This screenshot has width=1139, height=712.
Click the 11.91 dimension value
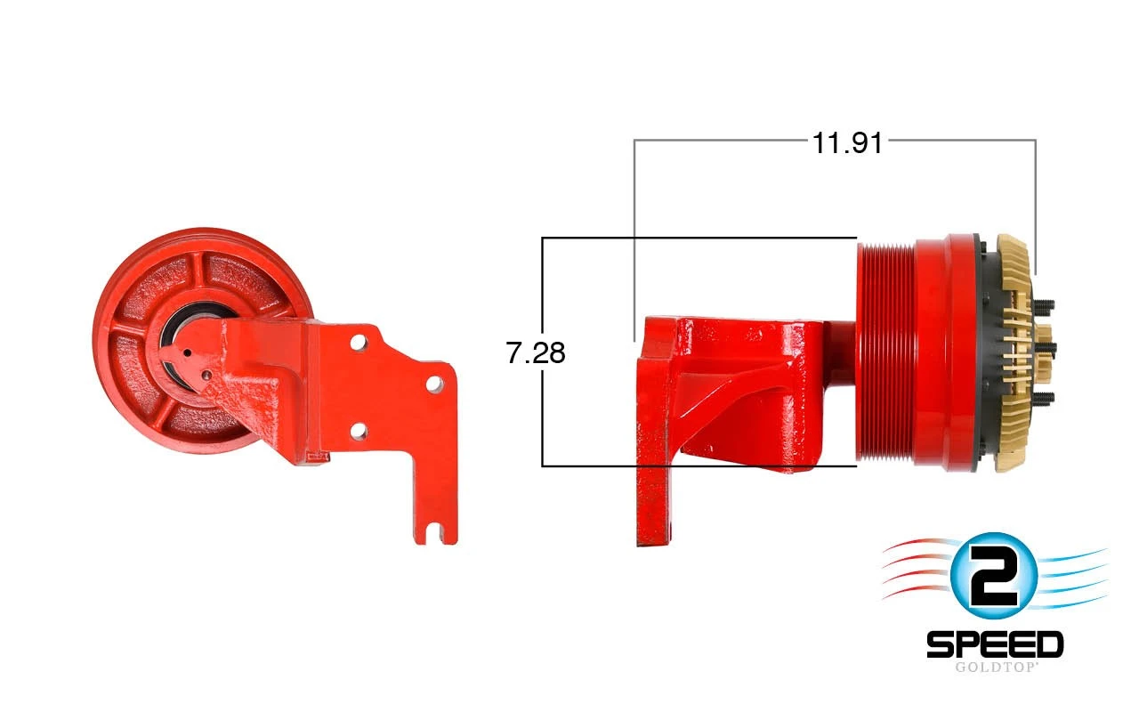[848, 143]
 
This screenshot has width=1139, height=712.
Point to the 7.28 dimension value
[536, 353]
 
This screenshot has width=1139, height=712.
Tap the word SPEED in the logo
[995, 644]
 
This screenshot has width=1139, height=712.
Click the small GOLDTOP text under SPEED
[995, 667]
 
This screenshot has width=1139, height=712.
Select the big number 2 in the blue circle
[993, 576]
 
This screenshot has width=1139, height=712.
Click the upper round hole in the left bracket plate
[359, 342]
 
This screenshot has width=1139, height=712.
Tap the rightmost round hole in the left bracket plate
[434, 384]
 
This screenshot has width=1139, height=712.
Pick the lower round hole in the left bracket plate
[359, 432]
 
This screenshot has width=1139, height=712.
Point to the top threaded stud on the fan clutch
[1044, 306]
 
